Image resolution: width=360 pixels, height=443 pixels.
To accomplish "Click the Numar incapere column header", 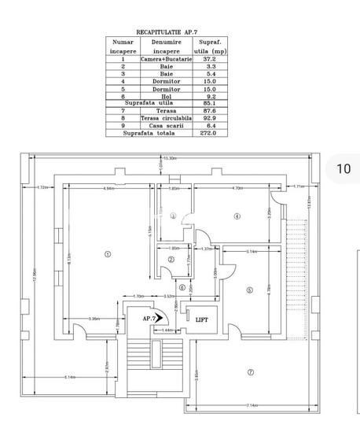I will point(123,46).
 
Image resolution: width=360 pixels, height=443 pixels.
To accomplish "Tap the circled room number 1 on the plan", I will point(108,253).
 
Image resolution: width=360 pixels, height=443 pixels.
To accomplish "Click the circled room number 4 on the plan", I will point(235,216).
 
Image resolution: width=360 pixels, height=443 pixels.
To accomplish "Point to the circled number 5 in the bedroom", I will point(249,290).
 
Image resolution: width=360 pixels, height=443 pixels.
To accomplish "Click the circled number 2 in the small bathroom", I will point(171,260).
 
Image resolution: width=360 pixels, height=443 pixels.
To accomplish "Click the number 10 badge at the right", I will point(343,168).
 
